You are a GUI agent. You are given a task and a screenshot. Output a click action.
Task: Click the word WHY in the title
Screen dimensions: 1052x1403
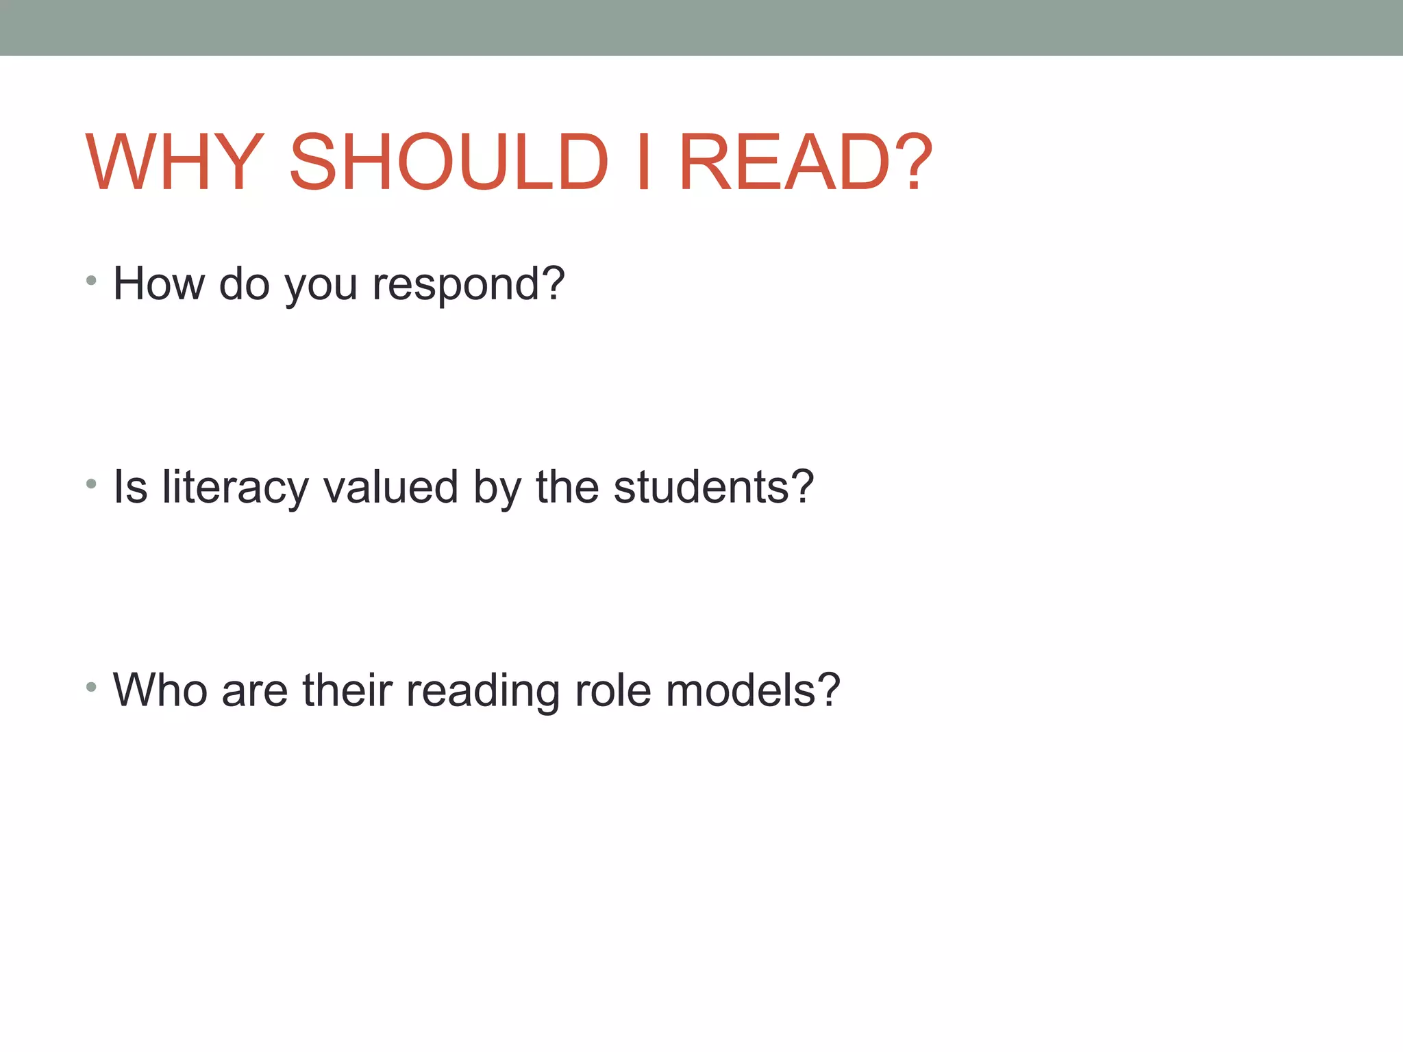click(x=174, y=162)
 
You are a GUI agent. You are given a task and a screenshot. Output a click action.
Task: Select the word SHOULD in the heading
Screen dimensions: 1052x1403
click(x=449, y=162)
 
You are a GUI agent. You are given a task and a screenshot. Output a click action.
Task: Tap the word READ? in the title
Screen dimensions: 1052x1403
click(x=806, y=162)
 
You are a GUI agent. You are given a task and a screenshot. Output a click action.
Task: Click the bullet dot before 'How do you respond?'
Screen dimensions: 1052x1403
click(x=91, y=280)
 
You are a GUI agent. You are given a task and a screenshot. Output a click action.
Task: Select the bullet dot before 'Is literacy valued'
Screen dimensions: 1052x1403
click(x=91, y=484)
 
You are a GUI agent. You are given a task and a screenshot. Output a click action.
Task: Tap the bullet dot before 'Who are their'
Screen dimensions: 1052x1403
click(x=91, y=687)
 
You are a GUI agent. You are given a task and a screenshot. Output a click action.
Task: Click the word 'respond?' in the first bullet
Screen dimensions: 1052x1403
click(x=469, y=285)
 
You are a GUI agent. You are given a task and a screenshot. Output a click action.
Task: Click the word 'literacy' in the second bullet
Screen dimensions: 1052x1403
click(x=236, y=488)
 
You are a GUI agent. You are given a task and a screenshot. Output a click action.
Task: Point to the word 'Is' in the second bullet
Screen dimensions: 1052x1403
click(x=130, y=488)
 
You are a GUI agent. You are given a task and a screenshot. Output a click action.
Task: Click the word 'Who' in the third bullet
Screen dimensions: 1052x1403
click(x=160, y=690)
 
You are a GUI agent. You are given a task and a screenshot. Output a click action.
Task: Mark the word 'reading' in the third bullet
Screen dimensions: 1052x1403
click(x=483, y=692)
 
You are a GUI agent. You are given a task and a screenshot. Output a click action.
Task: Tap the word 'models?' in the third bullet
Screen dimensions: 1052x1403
click(x=753, y=690)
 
